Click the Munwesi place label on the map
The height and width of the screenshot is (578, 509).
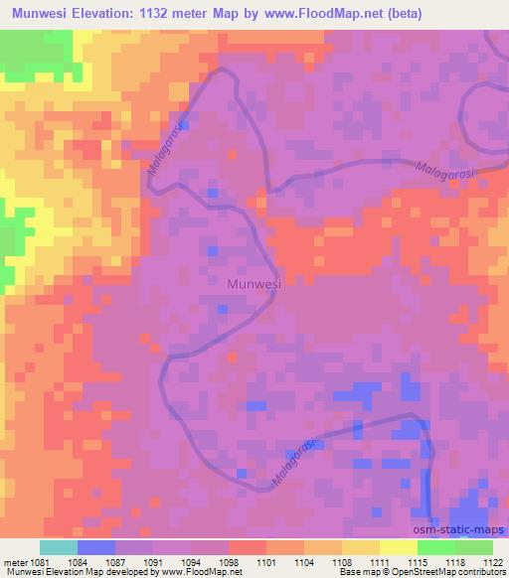pos(254,284)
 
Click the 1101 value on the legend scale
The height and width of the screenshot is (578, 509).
pos(266,563)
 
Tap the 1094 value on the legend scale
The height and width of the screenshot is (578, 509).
pos(192,563)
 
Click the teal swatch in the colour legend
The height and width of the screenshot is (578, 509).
pos(59,547)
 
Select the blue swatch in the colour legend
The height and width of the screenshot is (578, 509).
pos(96,547)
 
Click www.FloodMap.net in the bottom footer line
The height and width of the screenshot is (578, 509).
pos(186,573)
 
